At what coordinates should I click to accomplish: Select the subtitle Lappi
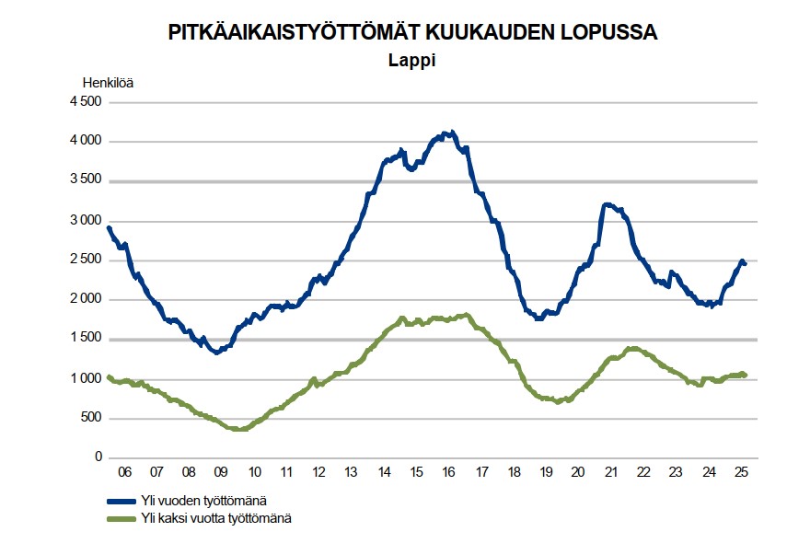tap(410, 62)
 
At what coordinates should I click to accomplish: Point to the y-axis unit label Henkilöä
tap(109, 83)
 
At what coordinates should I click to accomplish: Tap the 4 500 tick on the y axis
tap(85, 102)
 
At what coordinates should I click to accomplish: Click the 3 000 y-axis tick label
tap(85, 221)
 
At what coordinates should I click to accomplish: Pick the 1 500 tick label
tap(85, 340)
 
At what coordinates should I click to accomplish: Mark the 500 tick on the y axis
tap(90, 419)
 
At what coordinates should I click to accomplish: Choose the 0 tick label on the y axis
tap(97, 458)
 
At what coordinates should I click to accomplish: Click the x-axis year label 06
tap(125, 473)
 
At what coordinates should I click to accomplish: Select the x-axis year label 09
tap(221, 473)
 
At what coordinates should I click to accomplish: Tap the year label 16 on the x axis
tap(449, 473)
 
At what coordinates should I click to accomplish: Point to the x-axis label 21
tap(611, 473)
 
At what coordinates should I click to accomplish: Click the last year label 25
tap(741, 473)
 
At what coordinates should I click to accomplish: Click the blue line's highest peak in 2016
tap(448, 133)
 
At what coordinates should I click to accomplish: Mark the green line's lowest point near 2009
tap(240, 430)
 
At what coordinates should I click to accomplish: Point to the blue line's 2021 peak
tap(607, 204)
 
